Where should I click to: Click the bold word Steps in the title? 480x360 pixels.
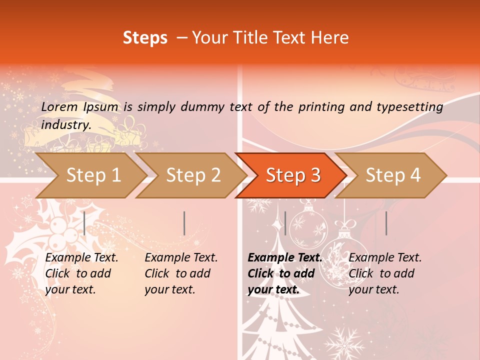pos(145,38)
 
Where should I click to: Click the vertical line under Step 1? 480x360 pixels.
pos(84,223)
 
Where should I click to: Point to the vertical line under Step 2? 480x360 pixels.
pos(184,223)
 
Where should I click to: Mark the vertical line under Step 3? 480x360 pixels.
pos(285,223)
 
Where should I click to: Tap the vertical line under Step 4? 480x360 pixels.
pos(386,223)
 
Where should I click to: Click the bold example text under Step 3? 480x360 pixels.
pos(284,273)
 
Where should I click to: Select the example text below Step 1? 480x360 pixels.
pos(81,273)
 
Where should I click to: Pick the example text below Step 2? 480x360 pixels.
pos(181,273)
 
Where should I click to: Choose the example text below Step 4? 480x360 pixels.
pos(384,273)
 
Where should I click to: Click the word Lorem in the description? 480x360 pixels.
pos(59,107)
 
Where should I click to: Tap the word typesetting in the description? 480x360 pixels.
pos(412,107)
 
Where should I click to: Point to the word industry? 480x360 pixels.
pos(66,124)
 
